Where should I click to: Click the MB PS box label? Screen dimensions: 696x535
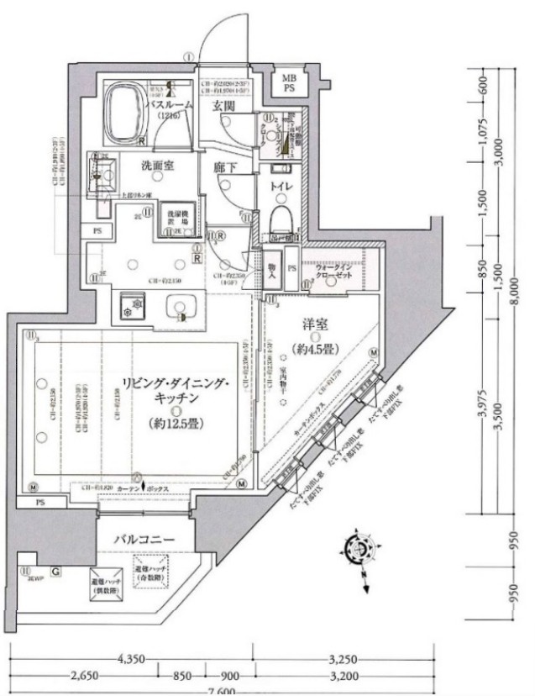pyautogui.click(x=288, y=82)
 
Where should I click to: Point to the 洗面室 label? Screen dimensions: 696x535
pyautogui.click(x=157, y=166)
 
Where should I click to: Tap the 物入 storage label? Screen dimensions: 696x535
pyautogui.click(x=274, y=267)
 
